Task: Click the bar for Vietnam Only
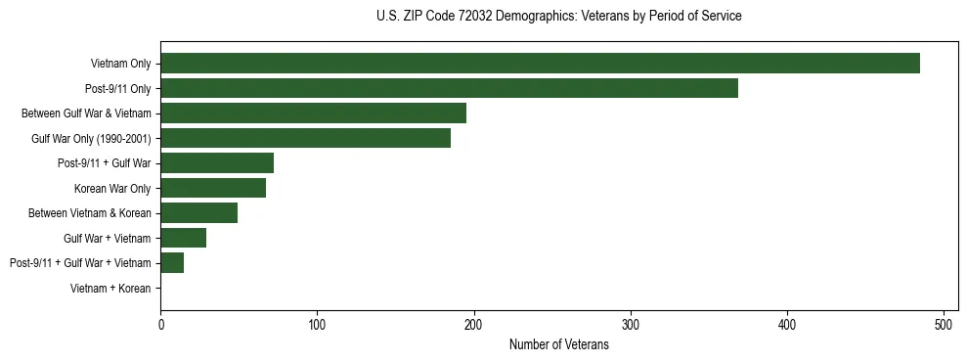pos(540,64)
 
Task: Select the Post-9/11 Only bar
pos(449,88)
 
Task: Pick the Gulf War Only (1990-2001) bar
pos(305,138)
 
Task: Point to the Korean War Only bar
pos(213,188)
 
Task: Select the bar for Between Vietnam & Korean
pos(199,213)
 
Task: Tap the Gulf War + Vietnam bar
pos(184,238)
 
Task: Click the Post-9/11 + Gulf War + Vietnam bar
pos(172,262)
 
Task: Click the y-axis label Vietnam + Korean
pos(110,289)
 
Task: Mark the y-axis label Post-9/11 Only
pos(118,89)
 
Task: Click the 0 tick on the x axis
pos(160,324)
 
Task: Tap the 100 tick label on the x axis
pos(317,324)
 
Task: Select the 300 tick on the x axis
pos(631,324)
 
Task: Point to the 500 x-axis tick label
pos(944,324)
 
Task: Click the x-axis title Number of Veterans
pos(558,345)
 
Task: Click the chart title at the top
pos(558,17)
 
